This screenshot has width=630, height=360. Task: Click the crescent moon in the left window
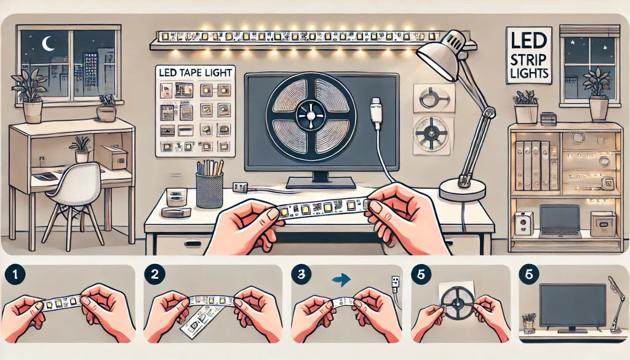pyautogui.click(x=48, y=44)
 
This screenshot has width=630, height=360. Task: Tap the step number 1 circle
pyautogui.click(x=15, y=275)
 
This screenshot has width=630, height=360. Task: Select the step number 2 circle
pyautogui.click(x=154, y=275)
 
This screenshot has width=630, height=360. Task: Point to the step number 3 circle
pyautogui.click(x=301, y=275)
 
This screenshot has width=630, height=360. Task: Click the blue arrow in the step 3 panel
pyautogui.click(x=341, y=279)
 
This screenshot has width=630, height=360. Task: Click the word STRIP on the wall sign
pyautogui.click(x=528, y=60)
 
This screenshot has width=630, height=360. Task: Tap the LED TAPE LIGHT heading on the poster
pyautogui.click(x=195, y=73)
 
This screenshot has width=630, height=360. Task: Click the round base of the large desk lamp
pyautogui.click(x=463, y=190)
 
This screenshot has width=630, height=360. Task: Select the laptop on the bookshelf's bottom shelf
pyautogui.click(x=559, y=220)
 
